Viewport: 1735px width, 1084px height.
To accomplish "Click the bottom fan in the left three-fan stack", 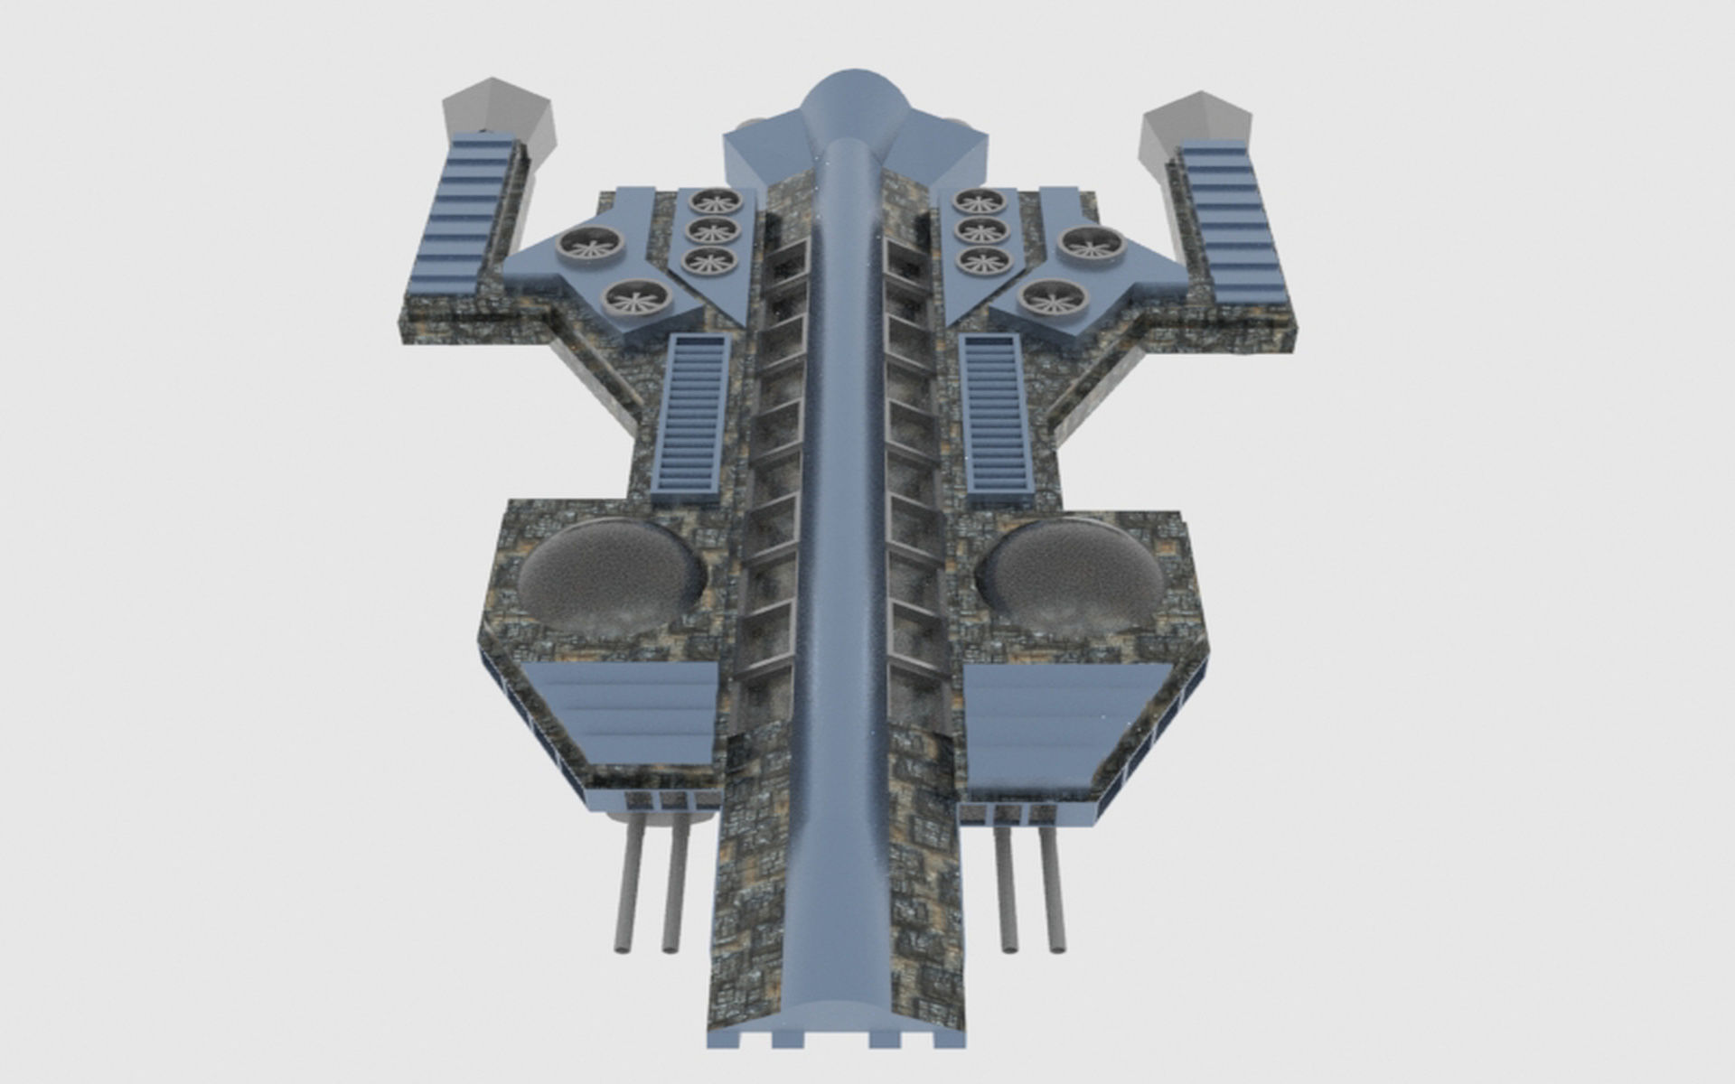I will click(x=709, y=261).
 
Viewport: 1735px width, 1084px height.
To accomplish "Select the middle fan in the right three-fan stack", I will click(x=981, y=231).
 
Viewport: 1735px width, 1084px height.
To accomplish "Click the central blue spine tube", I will click(x=844, y=542).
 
